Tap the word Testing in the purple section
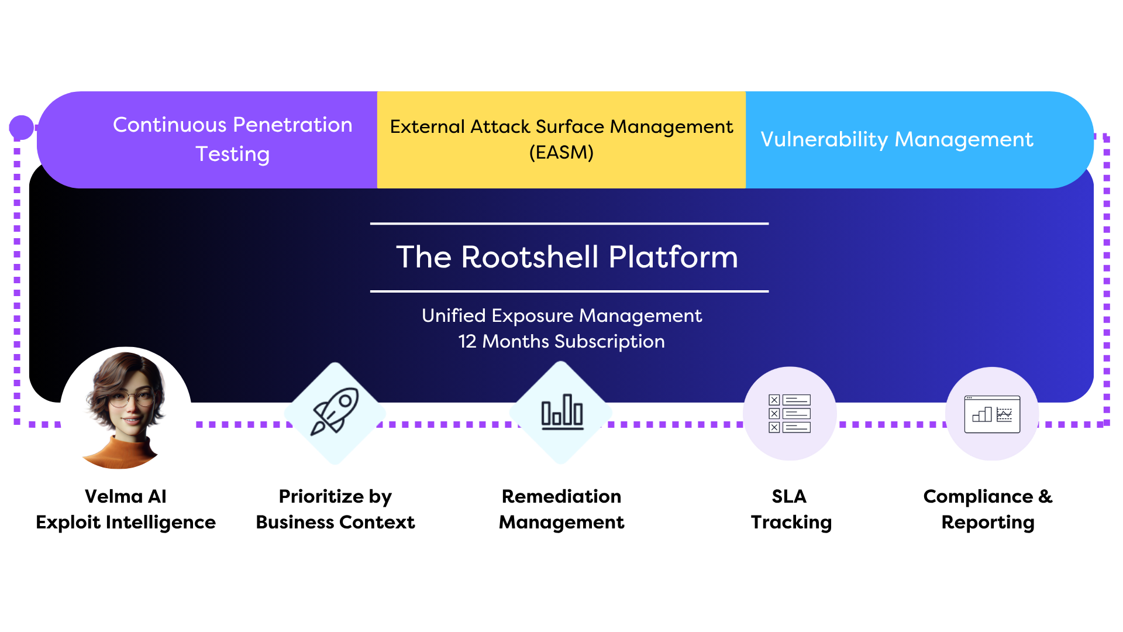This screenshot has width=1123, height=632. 233,154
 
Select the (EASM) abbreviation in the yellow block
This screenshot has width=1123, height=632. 561,153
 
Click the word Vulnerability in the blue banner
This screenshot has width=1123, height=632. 824,140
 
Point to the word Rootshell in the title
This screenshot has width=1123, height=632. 530,257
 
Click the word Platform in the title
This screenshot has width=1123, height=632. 673,257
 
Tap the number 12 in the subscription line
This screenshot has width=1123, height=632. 467,342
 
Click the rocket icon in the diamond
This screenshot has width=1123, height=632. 335,412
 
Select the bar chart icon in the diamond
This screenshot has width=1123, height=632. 561,412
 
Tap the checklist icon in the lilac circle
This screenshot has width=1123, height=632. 789,413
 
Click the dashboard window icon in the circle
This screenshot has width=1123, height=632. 992,414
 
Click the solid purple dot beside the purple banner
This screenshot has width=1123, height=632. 22,128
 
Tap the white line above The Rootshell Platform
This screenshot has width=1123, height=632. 569,224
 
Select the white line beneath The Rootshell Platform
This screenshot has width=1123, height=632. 569,291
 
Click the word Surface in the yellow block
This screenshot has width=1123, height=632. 570,127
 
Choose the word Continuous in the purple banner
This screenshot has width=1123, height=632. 170,125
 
